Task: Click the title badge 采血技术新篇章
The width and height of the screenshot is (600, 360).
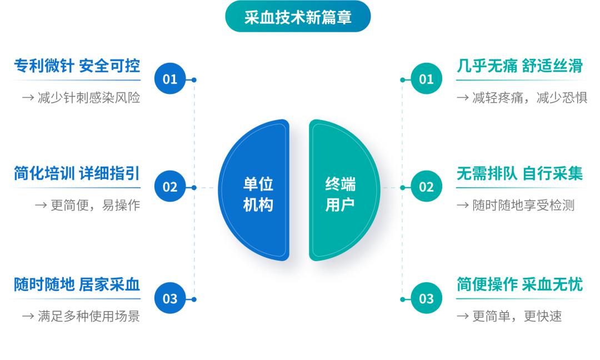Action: click(298, 17)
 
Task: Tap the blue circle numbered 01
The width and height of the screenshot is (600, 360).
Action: click(170, 79)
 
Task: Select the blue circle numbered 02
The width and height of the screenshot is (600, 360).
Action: click(170, 187)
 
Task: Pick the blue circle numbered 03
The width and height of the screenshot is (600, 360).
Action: click(170, 299)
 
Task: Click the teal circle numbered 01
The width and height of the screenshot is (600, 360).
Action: click(426, 79)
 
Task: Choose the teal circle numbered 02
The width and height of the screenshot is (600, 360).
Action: click(426, 187)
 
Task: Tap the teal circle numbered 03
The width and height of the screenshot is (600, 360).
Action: click(426, 299)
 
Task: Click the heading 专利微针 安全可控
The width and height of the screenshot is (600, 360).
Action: click(77, 66)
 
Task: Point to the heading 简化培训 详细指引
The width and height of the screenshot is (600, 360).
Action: click(77, 174)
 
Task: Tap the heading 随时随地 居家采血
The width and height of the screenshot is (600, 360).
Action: click(77, 285)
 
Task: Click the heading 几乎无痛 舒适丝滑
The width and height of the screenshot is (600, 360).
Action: click(519, 66)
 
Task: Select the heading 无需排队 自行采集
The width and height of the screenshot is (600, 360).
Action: click(519, 174)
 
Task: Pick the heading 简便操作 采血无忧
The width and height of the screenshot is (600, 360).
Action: click(519, 285)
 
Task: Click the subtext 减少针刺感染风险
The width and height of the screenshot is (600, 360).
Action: click(88, 98)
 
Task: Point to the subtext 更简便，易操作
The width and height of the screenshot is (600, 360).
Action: click(95, 206)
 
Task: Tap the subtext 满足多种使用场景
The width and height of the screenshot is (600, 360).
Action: click(88, 317)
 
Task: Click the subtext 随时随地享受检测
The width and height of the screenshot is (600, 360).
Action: click(523, 206)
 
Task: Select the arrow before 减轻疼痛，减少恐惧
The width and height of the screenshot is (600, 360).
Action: click(462, 98)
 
